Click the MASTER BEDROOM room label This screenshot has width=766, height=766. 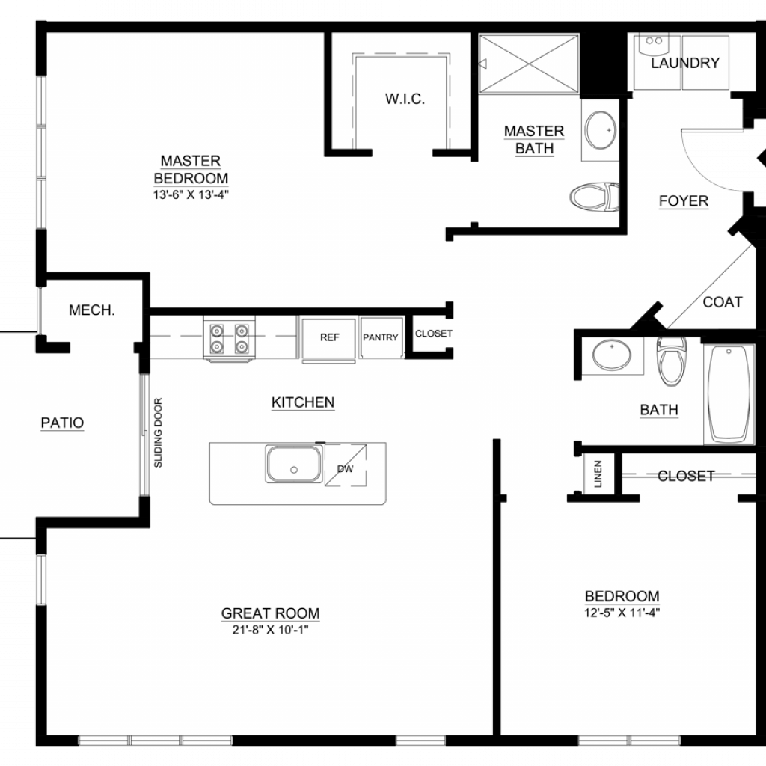point(191,170)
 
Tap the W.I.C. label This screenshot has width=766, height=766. point(405,99)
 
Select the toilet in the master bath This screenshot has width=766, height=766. point(595,197)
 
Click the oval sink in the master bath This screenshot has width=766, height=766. point(601,130)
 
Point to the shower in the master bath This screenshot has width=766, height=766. point(529,64)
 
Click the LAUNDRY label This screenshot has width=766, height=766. point(685,63)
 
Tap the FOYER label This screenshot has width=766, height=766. point(684,200)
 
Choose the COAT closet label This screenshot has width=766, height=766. point(723,302)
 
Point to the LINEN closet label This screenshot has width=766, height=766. point(598,474)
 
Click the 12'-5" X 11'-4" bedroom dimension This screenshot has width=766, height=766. point(622,613)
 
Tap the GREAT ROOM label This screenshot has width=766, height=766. point(270,613)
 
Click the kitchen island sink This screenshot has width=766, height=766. point(293,464)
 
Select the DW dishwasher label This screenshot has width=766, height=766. point(346,469)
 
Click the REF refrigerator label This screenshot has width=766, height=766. point(329,337)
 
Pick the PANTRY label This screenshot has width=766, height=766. point(381,337)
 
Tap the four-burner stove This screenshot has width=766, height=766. point(229,339)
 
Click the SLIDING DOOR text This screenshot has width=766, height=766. point(158,433)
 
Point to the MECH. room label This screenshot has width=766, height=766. point(92,310)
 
